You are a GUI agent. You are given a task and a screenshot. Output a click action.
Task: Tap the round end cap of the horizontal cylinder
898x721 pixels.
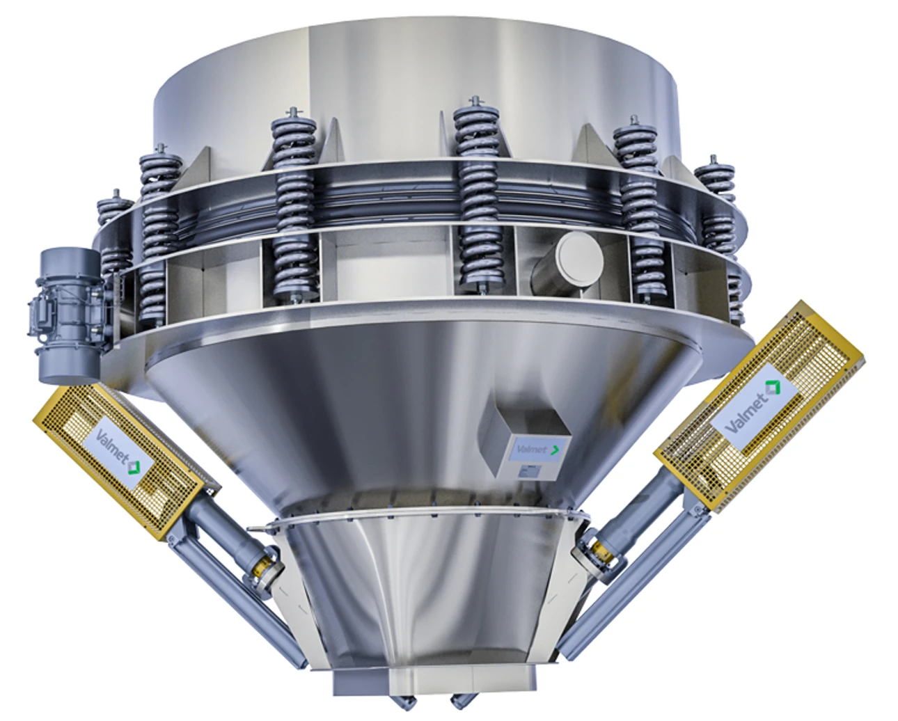tap(581, 253)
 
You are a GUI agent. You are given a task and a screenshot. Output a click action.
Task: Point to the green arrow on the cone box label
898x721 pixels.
tap(556, 450)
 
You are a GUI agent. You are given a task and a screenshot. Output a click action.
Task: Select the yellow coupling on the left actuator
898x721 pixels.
tap(263, 567)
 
